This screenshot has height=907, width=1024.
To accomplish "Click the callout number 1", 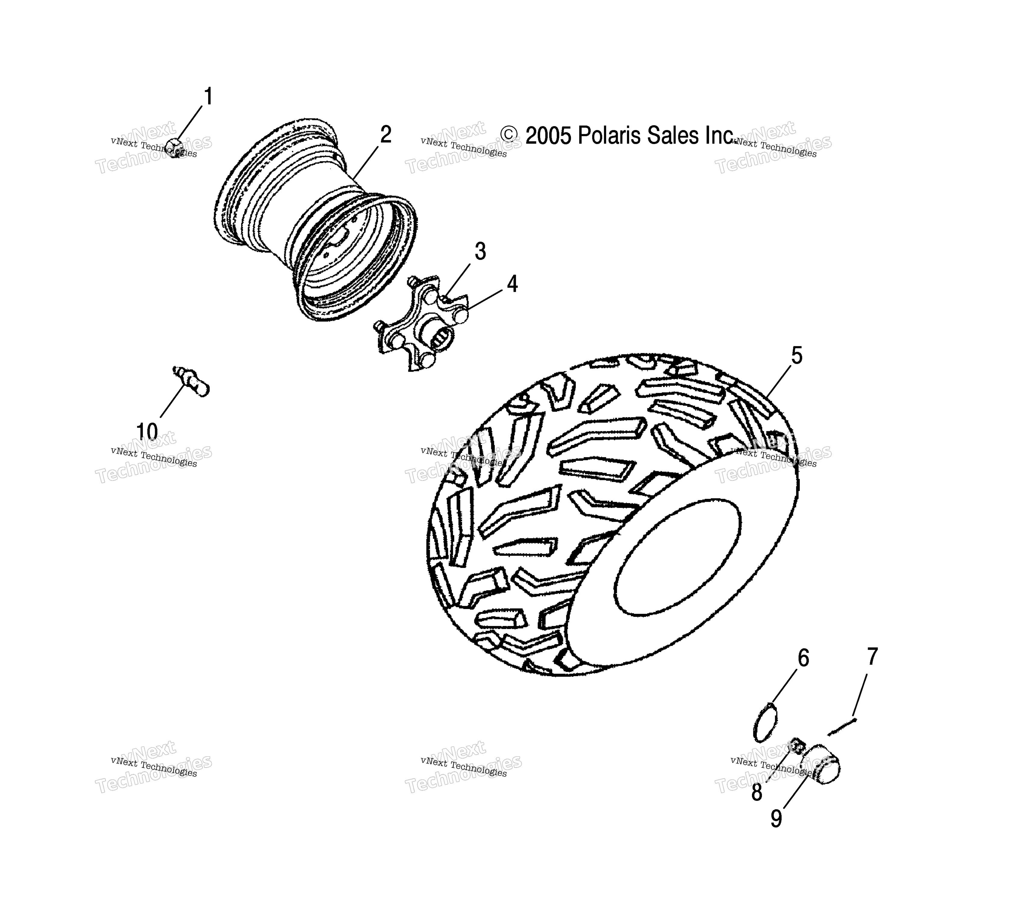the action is point(208,97).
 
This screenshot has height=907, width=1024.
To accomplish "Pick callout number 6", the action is point(803,658).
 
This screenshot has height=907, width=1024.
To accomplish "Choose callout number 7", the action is point(872,656).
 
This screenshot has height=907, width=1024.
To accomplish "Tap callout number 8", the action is point(757,792).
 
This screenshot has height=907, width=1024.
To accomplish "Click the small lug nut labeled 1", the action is point(174,147).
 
